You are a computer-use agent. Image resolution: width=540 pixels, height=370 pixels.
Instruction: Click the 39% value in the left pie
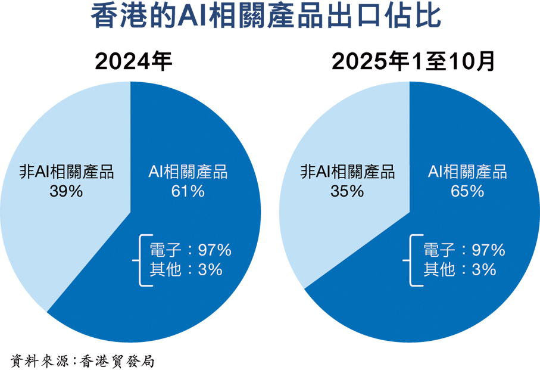(65, 191)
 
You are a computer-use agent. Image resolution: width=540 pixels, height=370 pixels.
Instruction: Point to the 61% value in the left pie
(188, 191)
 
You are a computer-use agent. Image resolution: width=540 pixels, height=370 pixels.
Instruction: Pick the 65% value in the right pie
(467, 191)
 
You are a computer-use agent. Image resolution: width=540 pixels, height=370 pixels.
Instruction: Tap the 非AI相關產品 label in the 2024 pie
(65, 172)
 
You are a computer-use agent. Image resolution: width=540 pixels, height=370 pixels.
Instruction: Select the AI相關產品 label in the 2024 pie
(188, 172)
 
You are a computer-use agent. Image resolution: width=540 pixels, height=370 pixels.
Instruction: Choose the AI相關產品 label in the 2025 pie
(467, 172)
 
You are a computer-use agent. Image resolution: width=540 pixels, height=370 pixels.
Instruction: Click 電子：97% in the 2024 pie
(191, 250)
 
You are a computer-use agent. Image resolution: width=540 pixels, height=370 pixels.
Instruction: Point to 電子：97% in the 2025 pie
(464, 250)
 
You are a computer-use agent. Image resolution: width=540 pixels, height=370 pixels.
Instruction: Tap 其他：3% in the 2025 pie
(459, 269)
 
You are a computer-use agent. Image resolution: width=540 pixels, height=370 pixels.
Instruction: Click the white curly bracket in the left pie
(142, 260)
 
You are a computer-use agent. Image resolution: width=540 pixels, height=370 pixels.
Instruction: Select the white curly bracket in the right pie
(411, 260)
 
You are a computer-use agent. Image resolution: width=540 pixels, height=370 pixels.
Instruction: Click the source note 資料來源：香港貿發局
(83, 360)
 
